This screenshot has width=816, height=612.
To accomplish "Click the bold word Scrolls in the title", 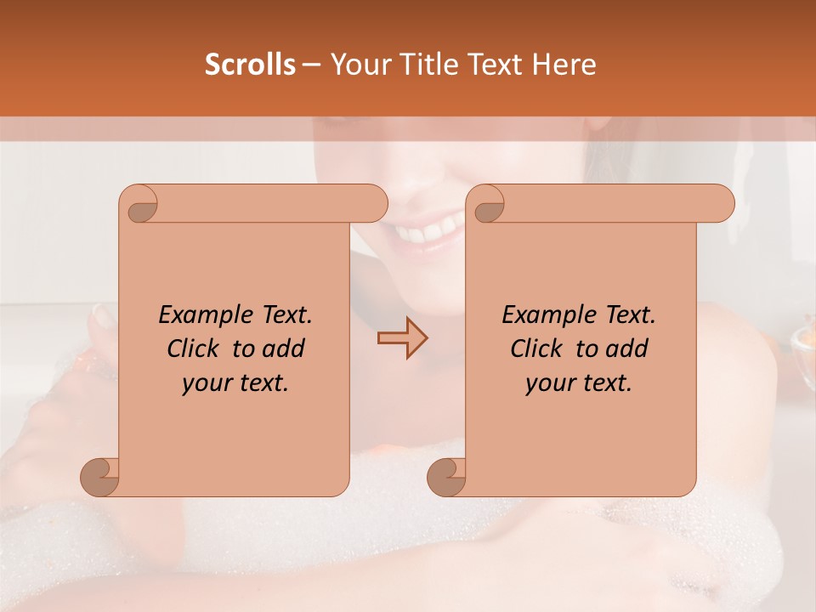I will point(250,65).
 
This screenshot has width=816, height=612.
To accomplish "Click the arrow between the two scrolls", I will point(402,338).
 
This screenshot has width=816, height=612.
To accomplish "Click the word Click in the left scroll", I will point(195,348).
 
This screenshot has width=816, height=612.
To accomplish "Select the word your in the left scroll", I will point(207,383).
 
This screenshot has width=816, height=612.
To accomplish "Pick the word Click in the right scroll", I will point(538,348).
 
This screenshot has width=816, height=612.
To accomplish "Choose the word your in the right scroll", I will point(551,383).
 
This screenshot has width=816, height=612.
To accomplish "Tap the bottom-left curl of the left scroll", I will point(100,476).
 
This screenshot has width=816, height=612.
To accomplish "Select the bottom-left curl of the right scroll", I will point(447,476).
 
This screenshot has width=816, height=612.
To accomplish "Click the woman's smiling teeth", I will point(429,229).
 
